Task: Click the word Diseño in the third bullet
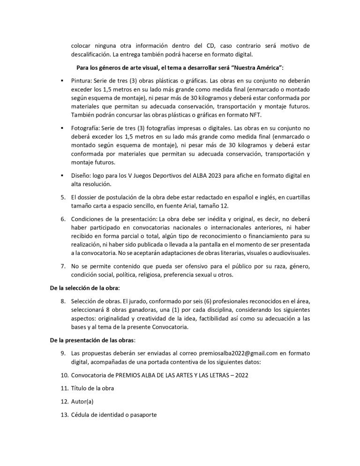(x=81, y=176)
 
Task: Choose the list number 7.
(x=63, y=267)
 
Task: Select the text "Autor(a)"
(x=82, y=401)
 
